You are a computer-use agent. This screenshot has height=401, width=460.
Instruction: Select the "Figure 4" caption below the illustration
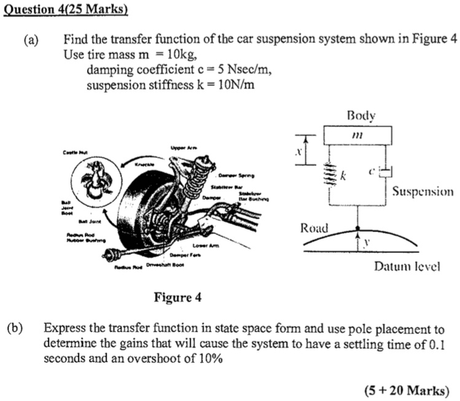tap(177, 298)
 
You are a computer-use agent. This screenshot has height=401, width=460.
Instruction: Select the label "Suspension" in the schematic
tap(423, 192)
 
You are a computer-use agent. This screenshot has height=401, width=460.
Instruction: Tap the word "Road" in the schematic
tap(314, 228)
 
